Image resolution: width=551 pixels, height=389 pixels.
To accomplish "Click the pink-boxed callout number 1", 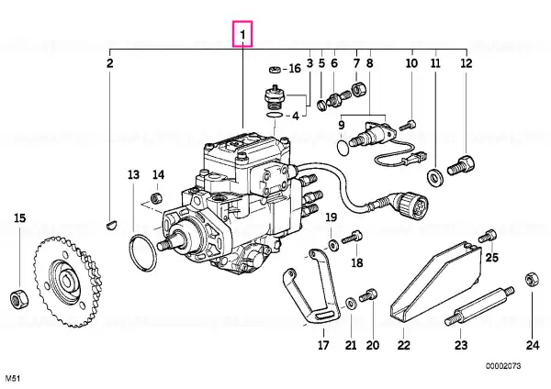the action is (x=242, y=34).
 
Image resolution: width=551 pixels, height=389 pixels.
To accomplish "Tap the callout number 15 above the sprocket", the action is (x=19, y=218).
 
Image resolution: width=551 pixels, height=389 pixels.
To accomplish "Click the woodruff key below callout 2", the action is (x=112, y=224).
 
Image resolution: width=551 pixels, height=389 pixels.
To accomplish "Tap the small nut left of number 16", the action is (x=275, y=69).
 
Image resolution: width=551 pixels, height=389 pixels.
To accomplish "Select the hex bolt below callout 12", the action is (x=461, y=166).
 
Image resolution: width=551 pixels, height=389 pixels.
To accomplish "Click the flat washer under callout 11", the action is (x=435, y=177).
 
